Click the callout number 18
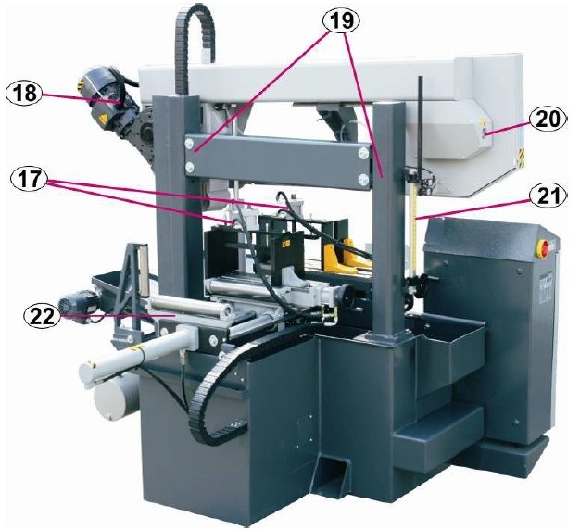[25, 93]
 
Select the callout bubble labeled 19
[341, 20]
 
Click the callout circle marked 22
[43, 317]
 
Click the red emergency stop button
[541, 246]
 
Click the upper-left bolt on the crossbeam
[190, 143]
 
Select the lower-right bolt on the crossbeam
[363, 180]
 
